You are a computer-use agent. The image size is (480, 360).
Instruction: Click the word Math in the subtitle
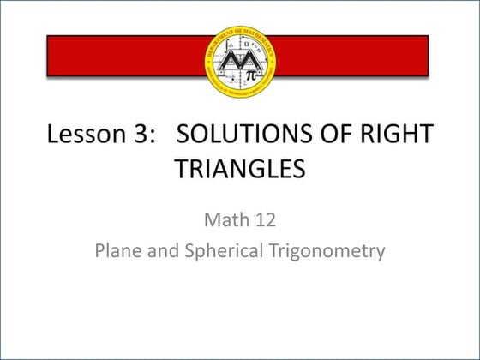pyautogui.click(x=225, y=220)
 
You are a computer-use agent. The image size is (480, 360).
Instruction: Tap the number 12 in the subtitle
pyautogui.click(x=263, y=220)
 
